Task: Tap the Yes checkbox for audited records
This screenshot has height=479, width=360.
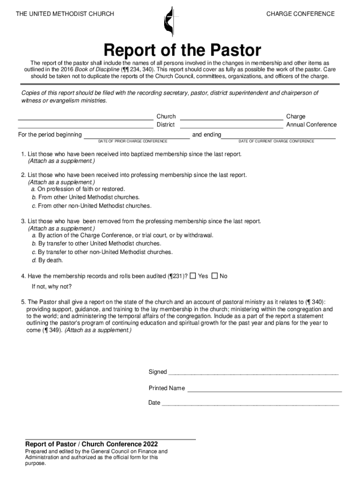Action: pos(193,276)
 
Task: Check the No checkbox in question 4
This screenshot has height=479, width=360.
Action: pos(215,276)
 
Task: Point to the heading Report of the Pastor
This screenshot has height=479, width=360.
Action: pos(182,50)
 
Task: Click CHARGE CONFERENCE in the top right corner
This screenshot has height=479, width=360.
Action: pos(300,14)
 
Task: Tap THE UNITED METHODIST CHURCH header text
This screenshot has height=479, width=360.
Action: pos(65,14)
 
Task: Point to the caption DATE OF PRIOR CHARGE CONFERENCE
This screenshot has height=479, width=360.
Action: pos(133,141)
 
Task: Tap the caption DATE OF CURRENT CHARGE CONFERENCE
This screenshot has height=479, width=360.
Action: pos(276,141)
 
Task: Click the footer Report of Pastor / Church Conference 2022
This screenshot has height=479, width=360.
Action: pos(91,444)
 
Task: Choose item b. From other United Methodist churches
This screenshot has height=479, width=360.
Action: pos(86,197)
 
